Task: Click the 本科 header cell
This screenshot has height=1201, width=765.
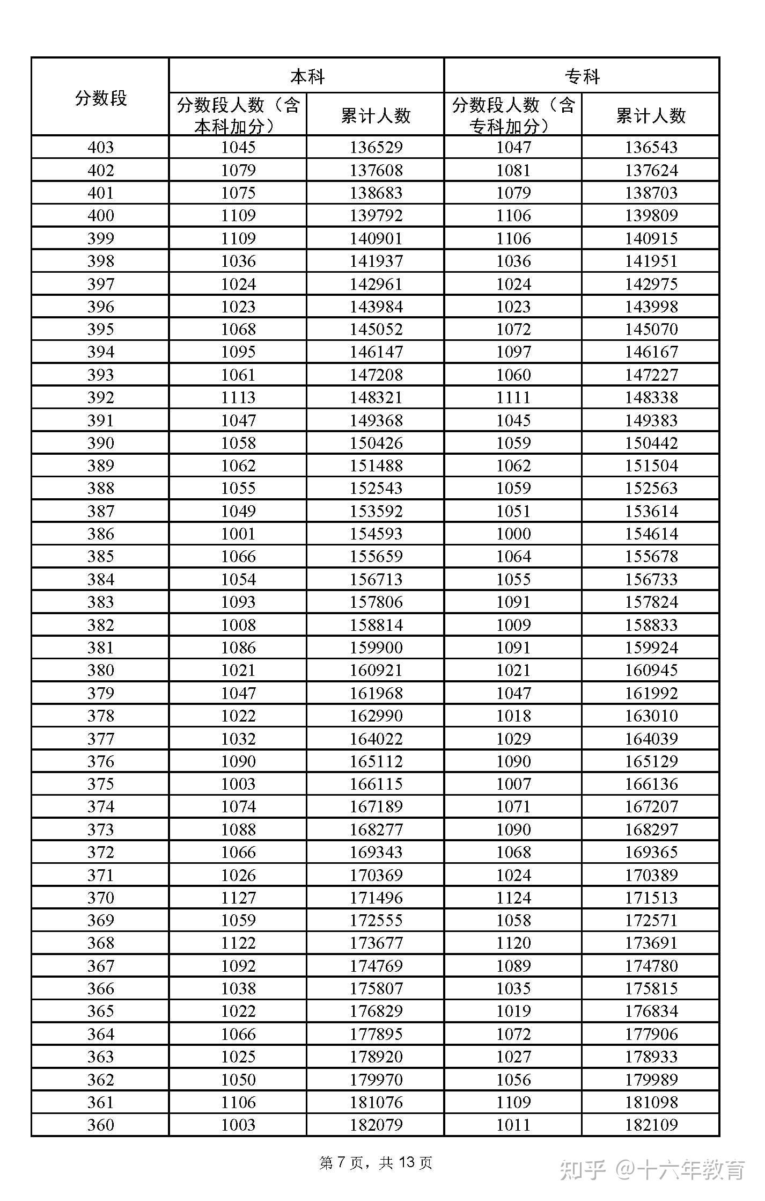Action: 307,76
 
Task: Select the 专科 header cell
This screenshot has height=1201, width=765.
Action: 582,76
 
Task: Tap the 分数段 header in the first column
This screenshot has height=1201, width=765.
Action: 100,98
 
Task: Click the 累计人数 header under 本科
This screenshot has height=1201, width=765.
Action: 376,115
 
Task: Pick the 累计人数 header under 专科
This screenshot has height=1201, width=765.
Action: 650,115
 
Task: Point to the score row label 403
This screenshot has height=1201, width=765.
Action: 100,147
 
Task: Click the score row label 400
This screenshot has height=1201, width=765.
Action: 100,215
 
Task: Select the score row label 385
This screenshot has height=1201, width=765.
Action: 100,556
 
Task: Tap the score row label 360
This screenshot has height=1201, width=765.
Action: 100,1124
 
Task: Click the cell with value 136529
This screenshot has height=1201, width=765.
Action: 376,147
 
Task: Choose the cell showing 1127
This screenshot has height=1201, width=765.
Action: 238,897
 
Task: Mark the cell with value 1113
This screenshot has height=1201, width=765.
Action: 238,397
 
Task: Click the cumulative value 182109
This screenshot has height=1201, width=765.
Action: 651,1124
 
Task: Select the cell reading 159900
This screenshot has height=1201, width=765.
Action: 376,647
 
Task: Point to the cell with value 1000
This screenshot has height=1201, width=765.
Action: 513,534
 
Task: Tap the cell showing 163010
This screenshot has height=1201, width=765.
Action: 651,716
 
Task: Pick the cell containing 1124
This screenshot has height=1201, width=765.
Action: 513,897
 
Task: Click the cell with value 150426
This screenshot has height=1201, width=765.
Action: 376,443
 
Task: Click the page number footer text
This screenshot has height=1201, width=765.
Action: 376,1163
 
